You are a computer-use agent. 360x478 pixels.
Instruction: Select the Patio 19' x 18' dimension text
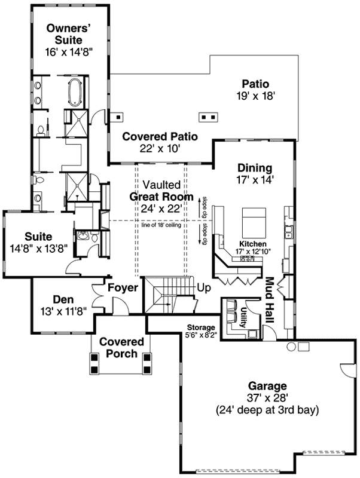(255, 95)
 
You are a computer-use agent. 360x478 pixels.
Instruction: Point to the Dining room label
(254, 168)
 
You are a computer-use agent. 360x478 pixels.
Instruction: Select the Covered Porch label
(121, 348)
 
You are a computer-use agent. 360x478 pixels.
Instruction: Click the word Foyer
(123, 288)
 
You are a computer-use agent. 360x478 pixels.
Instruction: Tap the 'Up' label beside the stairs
(204, 288)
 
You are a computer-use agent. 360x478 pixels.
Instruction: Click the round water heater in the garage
(291, 347)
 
